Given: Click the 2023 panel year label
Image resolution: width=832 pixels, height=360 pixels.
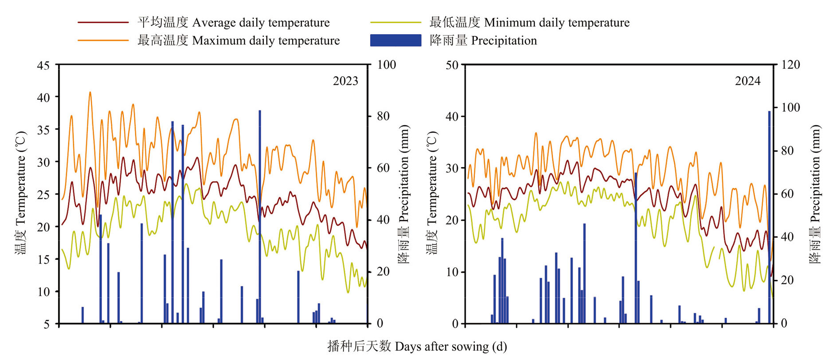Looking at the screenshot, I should [x=345, y=81].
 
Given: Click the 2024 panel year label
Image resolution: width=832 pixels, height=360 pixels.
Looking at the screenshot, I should [x=747, y=81].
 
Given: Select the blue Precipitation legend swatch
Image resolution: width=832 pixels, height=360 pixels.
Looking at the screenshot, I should [x=395, y=40].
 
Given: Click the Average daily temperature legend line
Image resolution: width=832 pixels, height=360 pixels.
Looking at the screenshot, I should [x=103, y=22].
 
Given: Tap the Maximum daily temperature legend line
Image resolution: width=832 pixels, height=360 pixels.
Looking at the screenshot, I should [x=103, y=40].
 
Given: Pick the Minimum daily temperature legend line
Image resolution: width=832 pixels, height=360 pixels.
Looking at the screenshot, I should [x=395, y=22].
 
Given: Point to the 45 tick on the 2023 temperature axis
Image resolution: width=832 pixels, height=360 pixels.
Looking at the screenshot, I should [x=43, y=66].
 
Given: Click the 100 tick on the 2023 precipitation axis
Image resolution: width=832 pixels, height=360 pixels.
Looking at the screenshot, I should [x=387, y=65].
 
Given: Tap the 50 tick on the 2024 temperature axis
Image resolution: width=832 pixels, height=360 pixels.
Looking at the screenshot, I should [x=452, y=66].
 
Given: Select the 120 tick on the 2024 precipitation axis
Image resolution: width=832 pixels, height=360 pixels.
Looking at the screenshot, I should [x=790, y=65].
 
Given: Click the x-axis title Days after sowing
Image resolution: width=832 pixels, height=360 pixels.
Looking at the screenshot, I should [x=417, y=346].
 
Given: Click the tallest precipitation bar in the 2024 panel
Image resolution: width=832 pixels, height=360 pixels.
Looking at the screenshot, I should [x=770, y=217].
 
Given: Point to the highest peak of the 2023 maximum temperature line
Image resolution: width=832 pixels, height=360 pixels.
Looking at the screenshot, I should [x=90, y=93].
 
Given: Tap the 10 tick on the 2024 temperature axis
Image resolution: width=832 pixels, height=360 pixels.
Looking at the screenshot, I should [x=452, y=272].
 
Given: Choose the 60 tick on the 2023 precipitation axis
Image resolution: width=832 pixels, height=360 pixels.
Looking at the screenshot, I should [x=383, y=168].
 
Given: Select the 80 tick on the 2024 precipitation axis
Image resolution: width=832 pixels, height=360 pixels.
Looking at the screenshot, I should [x=787, y=151].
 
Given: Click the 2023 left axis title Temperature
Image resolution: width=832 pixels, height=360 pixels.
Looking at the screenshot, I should [x=21, y=193].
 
